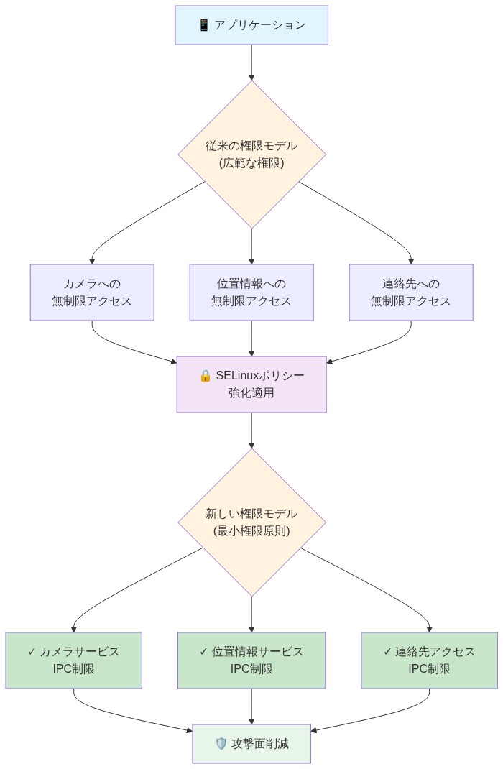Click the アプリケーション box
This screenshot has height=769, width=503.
tap(251, 25)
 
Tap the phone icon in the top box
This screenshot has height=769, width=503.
tap(203, 25)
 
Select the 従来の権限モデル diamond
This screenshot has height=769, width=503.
tap(251, 155)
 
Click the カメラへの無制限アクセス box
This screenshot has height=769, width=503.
tap(92, 292)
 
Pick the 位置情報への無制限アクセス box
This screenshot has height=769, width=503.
tap(251, 292)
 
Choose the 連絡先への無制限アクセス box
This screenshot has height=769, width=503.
tap(411, 292)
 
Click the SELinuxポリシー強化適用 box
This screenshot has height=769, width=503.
tap(251, 384)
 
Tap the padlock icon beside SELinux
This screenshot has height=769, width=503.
tap(205, 376)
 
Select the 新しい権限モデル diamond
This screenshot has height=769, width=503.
tap(251, 522)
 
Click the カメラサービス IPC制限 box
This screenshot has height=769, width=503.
tap(73, 660)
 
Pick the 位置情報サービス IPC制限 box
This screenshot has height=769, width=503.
tap(251, 660)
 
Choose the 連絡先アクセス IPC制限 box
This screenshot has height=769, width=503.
tap(429, 660)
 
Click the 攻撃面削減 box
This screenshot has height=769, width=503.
tap(251, 744)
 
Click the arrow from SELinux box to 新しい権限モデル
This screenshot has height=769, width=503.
tap(251, 430)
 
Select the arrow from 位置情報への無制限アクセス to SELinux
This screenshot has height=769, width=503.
tap(251, 338)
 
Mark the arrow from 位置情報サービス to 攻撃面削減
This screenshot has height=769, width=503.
tap(251, 706)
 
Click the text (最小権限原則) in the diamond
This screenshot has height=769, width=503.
tap(251, 531)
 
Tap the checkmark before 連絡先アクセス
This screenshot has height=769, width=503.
tap(387, 652)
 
